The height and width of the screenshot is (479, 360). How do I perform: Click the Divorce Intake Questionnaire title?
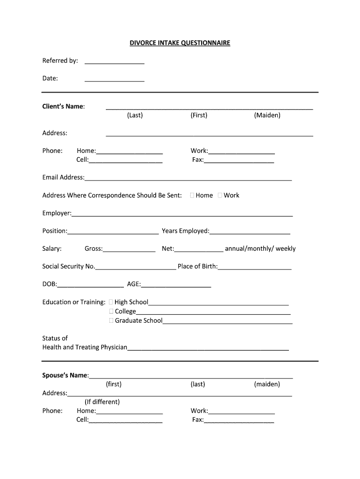coord(180,43)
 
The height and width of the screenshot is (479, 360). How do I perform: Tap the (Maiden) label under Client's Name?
coord(267,115)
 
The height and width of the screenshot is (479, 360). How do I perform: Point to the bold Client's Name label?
coord(64,106)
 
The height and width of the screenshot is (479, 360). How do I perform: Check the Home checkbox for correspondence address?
coord(193,196)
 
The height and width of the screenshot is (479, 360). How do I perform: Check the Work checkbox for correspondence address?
coord(220,196)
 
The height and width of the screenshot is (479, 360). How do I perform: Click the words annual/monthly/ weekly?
coord(260,249)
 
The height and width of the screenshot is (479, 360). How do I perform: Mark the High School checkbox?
coord(111,302)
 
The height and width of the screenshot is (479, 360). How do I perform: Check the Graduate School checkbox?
coord(111,320)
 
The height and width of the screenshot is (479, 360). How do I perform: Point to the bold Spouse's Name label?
coord(65,376)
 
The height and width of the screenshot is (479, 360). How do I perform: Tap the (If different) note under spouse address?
coord(102,402)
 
